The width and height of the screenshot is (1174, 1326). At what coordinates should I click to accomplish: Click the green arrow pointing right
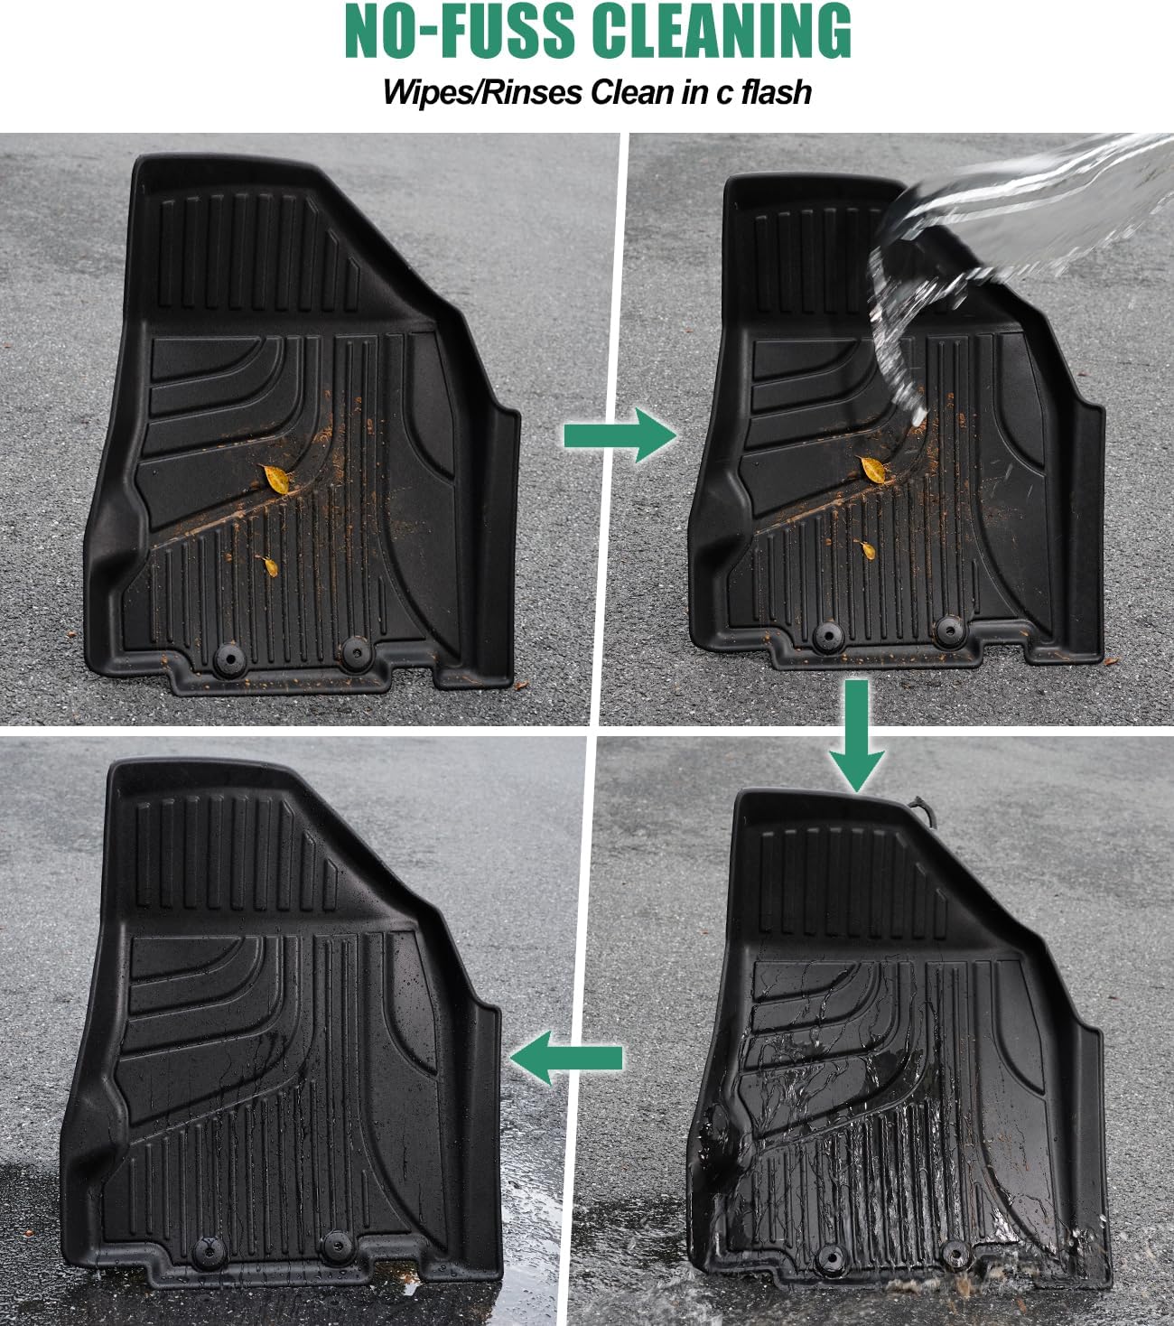point(620,435)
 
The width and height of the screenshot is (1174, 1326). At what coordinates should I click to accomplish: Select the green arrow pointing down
point(857,736)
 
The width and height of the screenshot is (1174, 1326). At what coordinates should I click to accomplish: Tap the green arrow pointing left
point(566,1058)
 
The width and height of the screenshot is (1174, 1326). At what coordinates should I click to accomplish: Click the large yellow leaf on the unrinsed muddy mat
point(275,478)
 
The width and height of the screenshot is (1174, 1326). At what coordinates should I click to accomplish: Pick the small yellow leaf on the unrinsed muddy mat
point(268,565)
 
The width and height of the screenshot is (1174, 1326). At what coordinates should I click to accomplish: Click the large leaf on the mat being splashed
point(872,469)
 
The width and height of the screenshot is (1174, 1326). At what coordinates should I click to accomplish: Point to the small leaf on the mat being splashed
point(865,547)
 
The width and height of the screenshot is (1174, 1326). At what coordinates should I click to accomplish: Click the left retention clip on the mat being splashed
point(825,635)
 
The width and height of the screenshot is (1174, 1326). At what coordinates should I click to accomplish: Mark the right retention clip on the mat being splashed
point(948,629)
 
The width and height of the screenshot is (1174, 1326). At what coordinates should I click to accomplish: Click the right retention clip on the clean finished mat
point(338,1244)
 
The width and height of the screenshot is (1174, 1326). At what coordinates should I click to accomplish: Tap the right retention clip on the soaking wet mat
point(954,1252)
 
